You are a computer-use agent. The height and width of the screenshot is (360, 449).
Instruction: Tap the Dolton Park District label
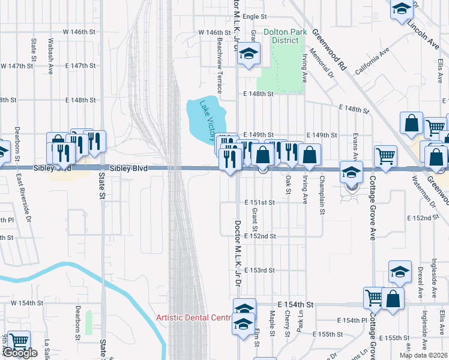285,36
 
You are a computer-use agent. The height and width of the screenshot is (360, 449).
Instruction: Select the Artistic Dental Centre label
193,317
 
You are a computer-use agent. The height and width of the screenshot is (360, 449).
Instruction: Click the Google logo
20,353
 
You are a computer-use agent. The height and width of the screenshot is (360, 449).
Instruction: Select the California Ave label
372,64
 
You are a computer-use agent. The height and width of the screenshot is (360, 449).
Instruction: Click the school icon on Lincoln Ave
402,9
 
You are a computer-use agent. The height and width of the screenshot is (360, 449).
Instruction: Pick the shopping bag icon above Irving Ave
309,155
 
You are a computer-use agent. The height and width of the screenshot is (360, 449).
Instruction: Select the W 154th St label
28,304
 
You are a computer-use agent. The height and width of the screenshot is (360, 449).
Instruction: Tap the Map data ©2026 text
423,355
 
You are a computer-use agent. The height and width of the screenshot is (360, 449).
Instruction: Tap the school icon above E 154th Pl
400,272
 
